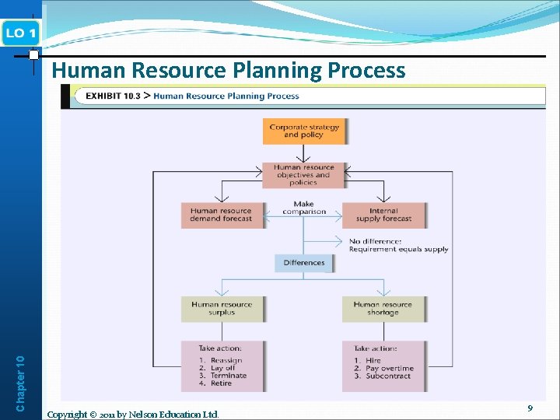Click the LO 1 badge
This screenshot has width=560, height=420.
(x=20, y=33)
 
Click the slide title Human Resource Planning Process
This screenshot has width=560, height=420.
(x=228, y=71)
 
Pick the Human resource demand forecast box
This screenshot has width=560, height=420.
(x=221, y=215)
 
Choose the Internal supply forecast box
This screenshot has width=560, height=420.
(x=383, y=215)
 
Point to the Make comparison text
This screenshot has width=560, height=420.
(x=303, y=208)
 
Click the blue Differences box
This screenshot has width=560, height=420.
(x=303, y=263)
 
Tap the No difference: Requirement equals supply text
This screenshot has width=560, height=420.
(x=398, y=246)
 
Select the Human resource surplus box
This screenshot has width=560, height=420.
(x=222, y=309)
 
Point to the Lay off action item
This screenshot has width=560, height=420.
(x=217, y=368)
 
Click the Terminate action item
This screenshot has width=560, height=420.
(x=222, y=376)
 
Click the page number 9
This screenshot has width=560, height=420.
(x=530, y=408)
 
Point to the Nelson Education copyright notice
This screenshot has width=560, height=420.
(x=133, y=414)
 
